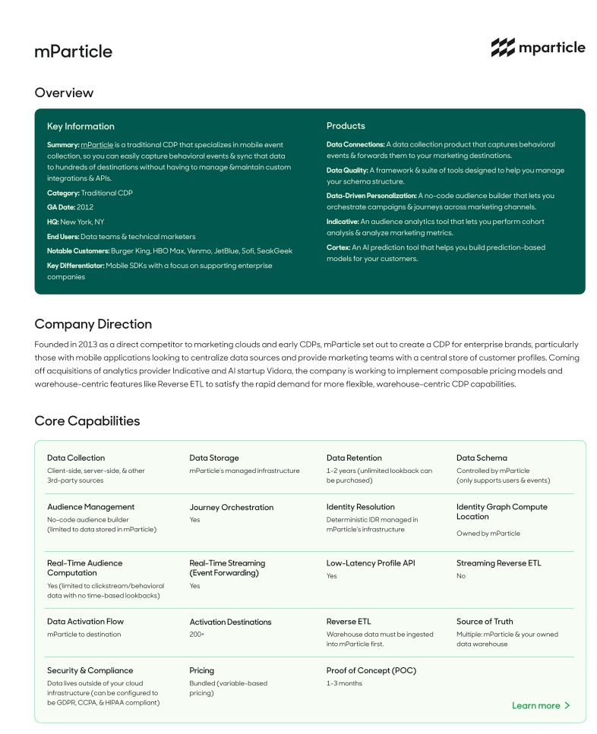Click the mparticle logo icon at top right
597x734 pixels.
(x=502, y=48)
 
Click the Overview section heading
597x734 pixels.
(x=64, y=93)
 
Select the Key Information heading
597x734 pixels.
(x=81, y=127)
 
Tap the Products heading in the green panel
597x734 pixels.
(x=346, y=126)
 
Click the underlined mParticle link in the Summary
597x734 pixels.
(x=96, y=144)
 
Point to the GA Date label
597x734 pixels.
(x=60, y=207)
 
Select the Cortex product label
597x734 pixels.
(x=338, y=247)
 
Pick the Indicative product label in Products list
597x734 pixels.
(x=343, y=222)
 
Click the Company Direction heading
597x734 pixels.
(x=93, y=324)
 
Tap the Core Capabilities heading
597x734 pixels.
(x=87, y=421)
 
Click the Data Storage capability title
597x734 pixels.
(x=213, y=458)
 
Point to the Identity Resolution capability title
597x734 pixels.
(x=360, y=507)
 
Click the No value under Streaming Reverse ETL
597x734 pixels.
(x=461, y=576)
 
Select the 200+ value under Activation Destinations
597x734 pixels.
(x=197, y=635)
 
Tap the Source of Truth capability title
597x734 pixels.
(x=485, y=622)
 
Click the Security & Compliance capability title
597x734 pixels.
(x=90, y=671)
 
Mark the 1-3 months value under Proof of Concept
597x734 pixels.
(x=344, y=683)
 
